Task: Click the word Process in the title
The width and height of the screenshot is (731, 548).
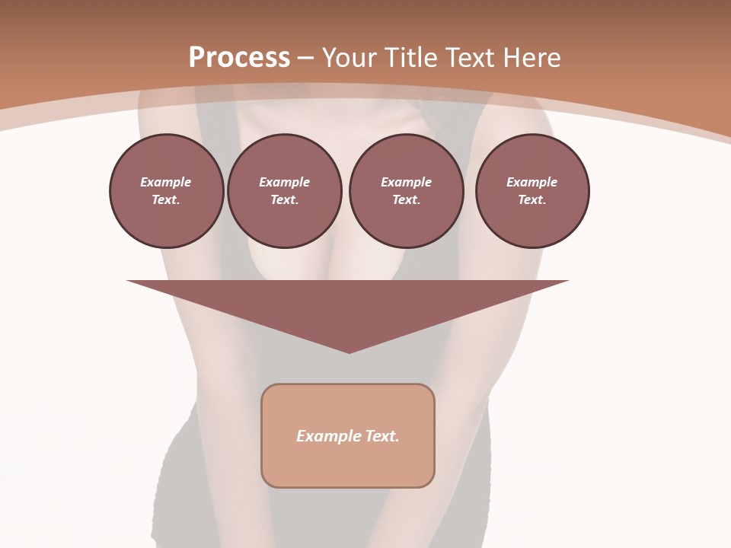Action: tap(239, 58)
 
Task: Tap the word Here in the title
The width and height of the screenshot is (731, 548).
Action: tap(532, 58)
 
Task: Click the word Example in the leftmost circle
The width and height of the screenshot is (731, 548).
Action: tap(166, 182)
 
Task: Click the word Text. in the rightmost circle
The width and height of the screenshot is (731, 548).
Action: tap(531, 200)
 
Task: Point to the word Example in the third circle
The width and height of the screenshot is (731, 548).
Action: tap(406, 182)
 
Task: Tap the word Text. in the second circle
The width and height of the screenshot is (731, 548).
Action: tap(284, 200)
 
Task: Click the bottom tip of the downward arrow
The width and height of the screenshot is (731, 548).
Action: tap(349, 351)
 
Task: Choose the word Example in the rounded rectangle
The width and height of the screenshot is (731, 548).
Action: tap(327, 436)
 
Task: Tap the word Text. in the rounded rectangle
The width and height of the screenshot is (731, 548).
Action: tap(381, 436)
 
